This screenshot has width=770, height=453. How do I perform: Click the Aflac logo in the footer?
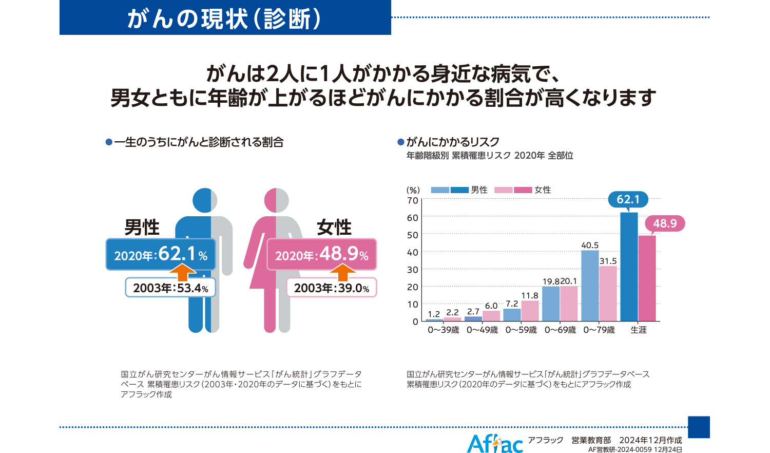point(494,443)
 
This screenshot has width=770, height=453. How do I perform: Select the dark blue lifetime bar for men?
point(629,267)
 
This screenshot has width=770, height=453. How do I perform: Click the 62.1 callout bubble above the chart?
point(628,199)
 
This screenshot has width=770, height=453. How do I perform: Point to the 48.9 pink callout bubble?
point(665,223)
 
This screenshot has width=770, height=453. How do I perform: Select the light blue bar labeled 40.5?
point(590,286)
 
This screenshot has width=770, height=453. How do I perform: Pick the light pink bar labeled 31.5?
point(608,293)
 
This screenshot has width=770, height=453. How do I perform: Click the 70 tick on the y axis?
point(413,200)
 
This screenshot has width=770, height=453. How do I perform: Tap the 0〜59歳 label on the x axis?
point(521,330)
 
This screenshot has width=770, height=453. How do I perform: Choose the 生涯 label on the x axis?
point(639,330)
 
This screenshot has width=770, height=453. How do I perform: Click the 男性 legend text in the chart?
point(479,190)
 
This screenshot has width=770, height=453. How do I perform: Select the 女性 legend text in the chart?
point(543,190)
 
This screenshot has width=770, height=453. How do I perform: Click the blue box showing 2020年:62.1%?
point(161,254)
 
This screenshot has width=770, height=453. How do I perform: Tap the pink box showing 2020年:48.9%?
point(322,254)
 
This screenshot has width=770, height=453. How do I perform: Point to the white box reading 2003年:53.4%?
point(170,288)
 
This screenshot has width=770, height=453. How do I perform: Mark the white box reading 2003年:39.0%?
point(332,288)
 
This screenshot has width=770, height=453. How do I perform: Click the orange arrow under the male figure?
point(183,272)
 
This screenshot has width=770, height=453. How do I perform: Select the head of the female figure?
point(277,200)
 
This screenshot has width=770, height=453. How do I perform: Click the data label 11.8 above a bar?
point(529,296)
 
